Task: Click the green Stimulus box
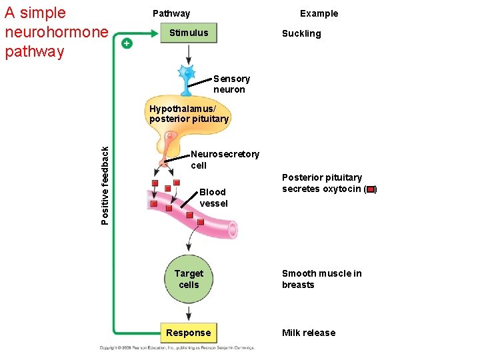[x=189, y=33]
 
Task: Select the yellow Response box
[x=189, y=333]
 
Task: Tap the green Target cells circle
[x=189, y=279]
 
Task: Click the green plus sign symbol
[x=127, y=43]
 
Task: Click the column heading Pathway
[x=171, y=13]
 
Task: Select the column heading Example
[x=319, y=13]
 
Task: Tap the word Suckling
[x=301, y=33]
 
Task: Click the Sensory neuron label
[x=231, y=84]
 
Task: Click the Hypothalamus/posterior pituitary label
[x=189, y=113]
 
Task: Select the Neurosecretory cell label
[x=224, y=159]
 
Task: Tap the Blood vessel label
[x=213, y=197]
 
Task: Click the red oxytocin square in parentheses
[x=370, y=189]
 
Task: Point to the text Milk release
[x=309, y=333]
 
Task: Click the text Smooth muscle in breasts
[x=321, y=279]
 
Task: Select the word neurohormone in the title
[x=56, y=32]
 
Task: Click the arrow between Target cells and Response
[x=189, y=313]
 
